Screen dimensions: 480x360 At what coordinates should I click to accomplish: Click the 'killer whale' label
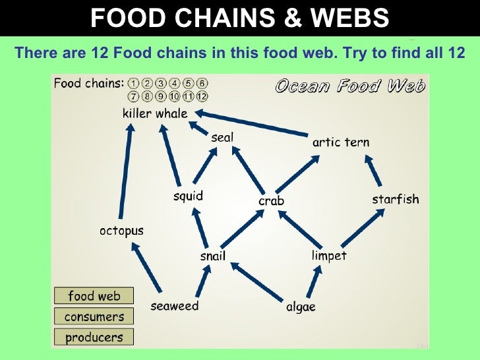pyautogui.click(x=155, y=113)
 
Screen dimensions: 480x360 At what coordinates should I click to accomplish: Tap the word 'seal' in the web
pyautogui.click(x=222, y=137)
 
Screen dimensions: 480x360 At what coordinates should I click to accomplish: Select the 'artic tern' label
pyautogui.click(x=340, y=142)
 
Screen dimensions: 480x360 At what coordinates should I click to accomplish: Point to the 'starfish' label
pyautogui.click(x=395, y=199)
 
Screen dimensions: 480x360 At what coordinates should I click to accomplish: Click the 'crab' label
pyautogui.click(x=271, y=200)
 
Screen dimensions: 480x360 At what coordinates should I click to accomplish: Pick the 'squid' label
pyautogui.click(x=188, y=196)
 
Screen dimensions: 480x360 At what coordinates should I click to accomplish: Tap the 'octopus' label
pyautogui.click(x=121, y=231)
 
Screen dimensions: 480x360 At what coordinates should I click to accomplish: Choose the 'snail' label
pyautogui.click(x=212, y=256)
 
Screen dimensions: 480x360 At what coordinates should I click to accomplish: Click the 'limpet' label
pyautogui.click(x=329, y=255)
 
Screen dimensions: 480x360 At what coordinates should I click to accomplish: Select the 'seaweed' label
pyautogui.click(x=175, y=306)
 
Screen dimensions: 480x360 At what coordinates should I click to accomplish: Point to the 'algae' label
pyautogui.click(x=301, y=307)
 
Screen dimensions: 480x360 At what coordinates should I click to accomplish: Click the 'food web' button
pyautogui.click(x=94, y=296)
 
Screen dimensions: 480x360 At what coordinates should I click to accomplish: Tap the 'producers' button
pyautogui.click(x=94, y=337)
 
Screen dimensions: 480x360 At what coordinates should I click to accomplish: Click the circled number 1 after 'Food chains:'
pyautogui.click(x=134, y=84)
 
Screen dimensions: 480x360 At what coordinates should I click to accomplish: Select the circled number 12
pyautogui.click(x=202, y=96)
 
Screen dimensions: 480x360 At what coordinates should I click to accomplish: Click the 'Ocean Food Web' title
pyautogui.click(x=349, y=86)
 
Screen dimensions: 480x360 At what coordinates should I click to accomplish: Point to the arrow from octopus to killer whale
pyautogui.click(x=125, y=171)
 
